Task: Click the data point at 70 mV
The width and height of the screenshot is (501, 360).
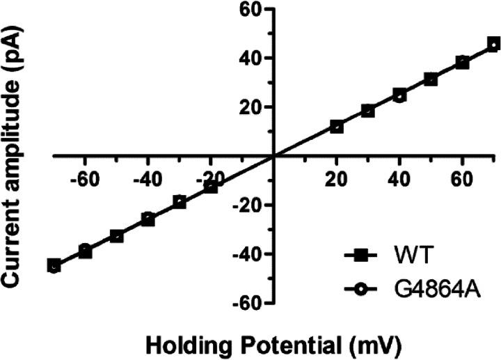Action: pyautogui.click(x=493, y=44)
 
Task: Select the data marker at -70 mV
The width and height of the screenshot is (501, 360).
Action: pyautogui.click(x=54, y=266)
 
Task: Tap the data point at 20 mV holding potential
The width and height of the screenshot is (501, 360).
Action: pyautogui.click(x=337, y=127)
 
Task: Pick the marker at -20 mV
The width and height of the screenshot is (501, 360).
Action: pyautogui.click(x=211, y=187)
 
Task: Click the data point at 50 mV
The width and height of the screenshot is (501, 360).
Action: pyautogui.click(x=431, y=79)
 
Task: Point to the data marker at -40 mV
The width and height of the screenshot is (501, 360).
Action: pyautogui.click(x=148, y=219)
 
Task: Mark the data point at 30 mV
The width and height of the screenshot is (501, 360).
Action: pyautogui.click(x=368, y=111)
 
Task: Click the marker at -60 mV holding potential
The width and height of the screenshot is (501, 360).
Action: pyautogui.click(x=85, y=251)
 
